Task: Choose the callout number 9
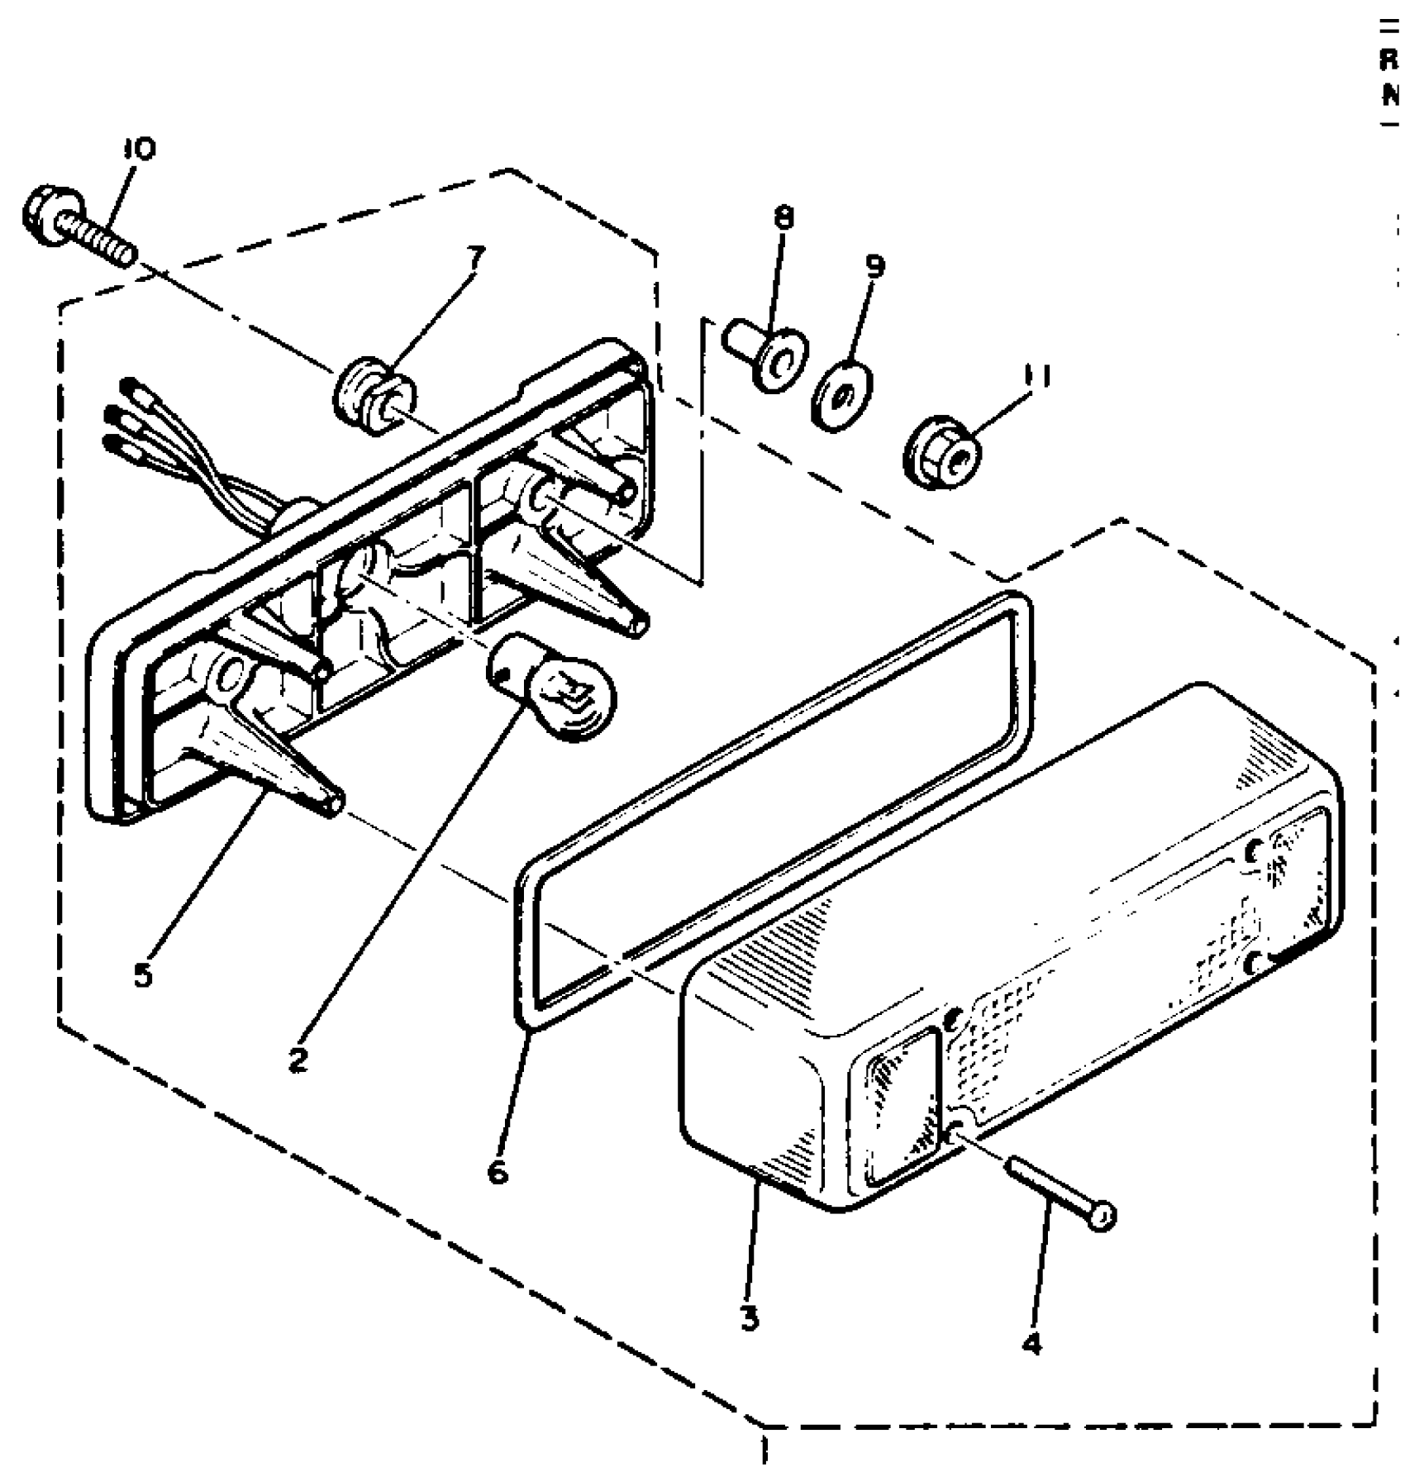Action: click(x=875, y=266)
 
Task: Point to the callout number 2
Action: click(x=298, y=1060)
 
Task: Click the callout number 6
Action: click(x=498, y=1171)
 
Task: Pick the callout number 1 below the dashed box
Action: click(x=764, y=1450)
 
